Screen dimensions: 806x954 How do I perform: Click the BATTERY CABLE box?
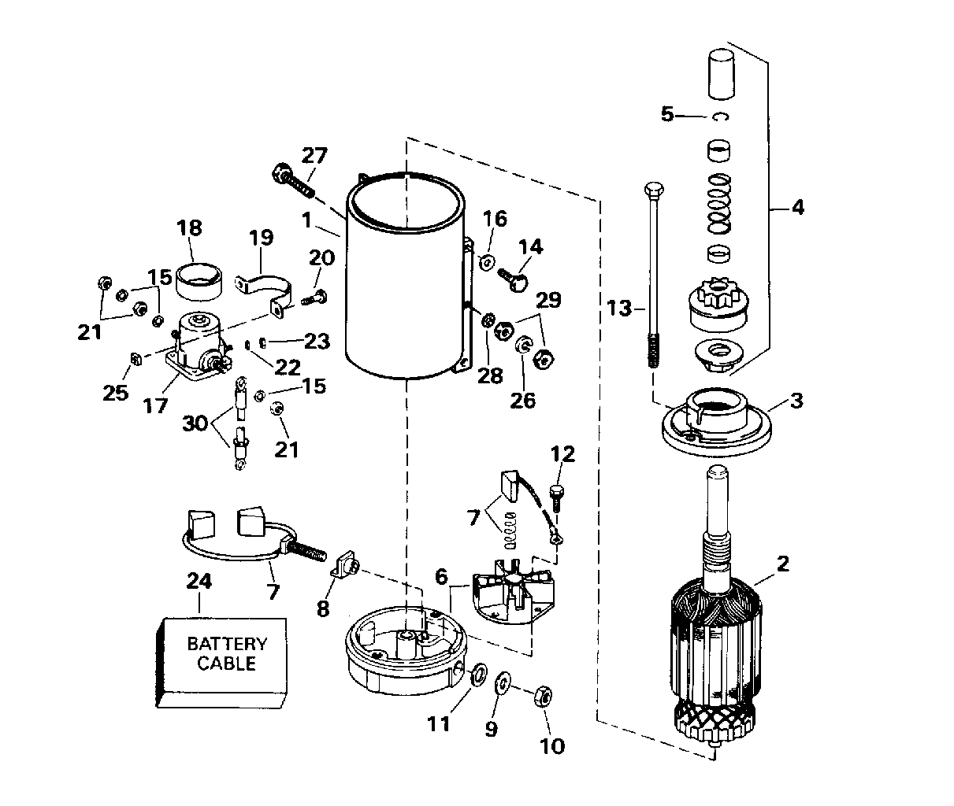(x=222, y=655)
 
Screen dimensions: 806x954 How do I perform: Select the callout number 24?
(x=199, y=581)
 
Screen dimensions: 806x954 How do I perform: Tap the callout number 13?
(x=620, y=308)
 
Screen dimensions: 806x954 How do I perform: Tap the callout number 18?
(x=190, y=228)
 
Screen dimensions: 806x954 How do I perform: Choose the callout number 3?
(x=796, y=400)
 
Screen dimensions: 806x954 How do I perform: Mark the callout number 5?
(x=667, y=114)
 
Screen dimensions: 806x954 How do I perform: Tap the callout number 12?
(x=563, y=453)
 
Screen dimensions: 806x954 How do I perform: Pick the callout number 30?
(x=195, y=423)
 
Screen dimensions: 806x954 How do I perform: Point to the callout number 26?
(x=522, y=400)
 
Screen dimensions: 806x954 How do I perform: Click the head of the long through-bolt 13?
(x=653, y=190)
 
